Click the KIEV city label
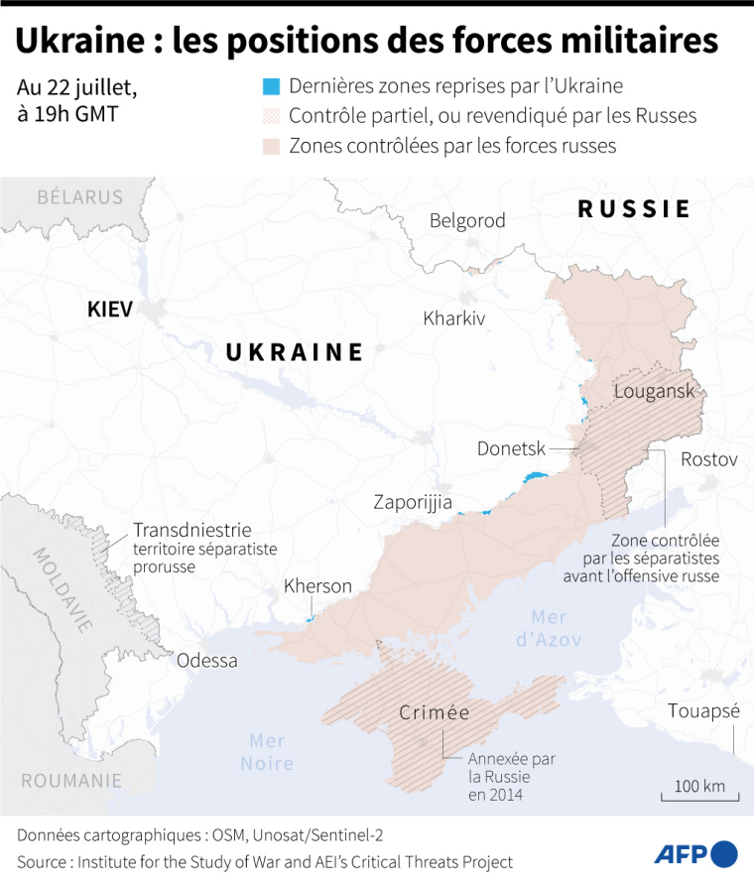(109, 309)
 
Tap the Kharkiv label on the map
(453, 318)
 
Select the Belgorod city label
(467, 220)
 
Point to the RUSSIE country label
(634, 208)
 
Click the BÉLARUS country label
(79, 196)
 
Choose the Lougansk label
(654, 390)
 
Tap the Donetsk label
(511, 448)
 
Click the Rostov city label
(708, 459)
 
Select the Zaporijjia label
(413, 502)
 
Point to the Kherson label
(317, 586)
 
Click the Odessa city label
(207, 660)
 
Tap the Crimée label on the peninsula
(434, 712)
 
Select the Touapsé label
(703, 711)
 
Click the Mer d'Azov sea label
(548, 628)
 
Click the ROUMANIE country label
(71, 780)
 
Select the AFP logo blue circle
(725, 853)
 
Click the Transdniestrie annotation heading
(191, 530)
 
